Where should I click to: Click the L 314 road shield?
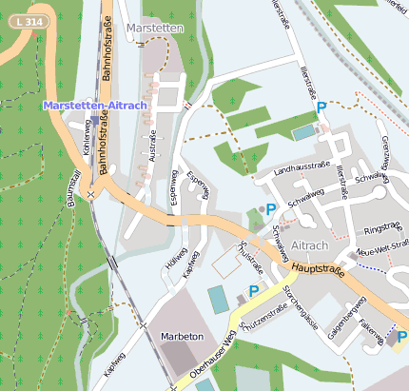coord(29,21)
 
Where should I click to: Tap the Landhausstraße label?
coord(302,169)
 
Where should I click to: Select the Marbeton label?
coord(182,337)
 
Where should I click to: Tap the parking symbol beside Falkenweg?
coord(401,337)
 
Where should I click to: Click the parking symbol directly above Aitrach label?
coord(271,209)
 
